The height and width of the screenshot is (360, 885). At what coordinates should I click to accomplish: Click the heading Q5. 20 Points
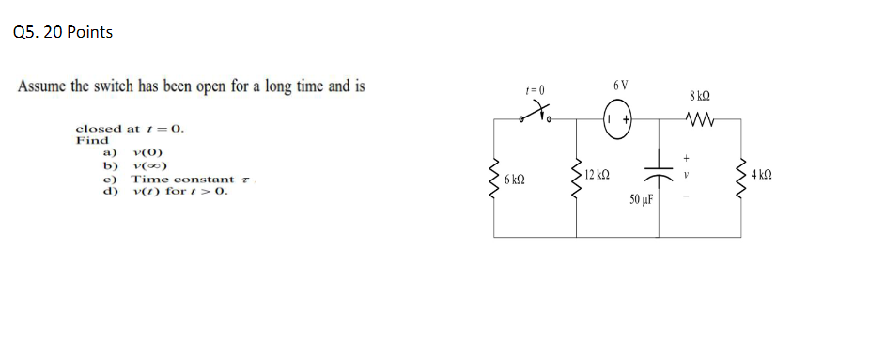click(x=64, y=32)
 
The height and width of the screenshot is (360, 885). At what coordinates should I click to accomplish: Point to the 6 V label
click(x=621, y=86)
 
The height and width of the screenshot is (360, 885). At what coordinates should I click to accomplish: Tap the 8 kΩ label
click(x=699, y=95)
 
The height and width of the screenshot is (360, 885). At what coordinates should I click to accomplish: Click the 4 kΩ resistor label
click(x=761, y=175)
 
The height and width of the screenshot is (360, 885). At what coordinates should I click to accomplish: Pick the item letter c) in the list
click(x=109, y=179)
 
